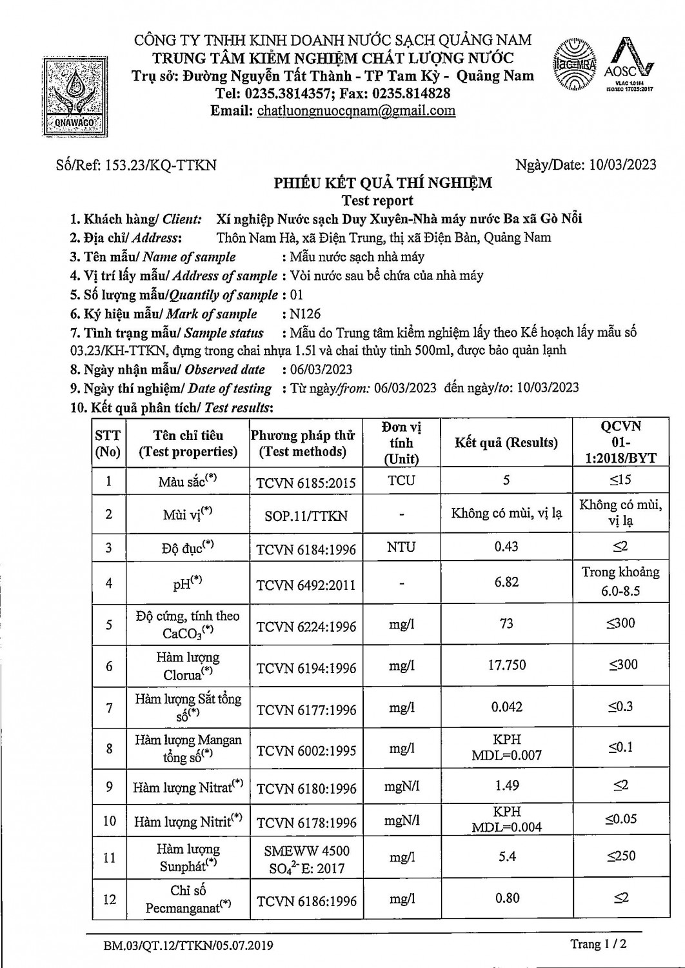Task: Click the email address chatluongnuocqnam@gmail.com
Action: coord(356,110)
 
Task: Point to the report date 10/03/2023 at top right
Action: coord(622,165)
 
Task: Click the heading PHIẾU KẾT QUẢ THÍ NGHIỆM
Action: coord(382,183)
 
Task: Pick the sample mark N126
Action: coord(306,314)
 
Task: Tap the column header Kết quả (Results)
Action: coord(506,443)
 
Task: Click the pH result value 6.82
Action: coord(506,582)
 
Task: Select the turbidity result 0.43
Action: coord(506,547)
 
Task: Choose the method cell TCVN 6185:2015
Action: coord(306,482)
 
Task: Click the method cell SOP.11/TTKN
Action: coord(306,516)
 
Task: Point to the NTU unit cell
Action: coord(401,547)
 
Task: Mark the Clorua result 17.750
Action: coord(506,665)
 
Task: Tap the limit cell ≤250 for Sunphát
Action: coord(620,856)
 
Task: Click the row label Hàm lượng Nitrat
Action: coord(188,787)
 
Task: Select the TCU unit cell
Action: coord(401,481)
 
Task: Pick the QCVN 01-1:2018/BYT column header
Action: coord(620,443)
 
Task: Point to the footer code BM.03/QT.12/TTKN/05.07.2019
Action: coord(188,946)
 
